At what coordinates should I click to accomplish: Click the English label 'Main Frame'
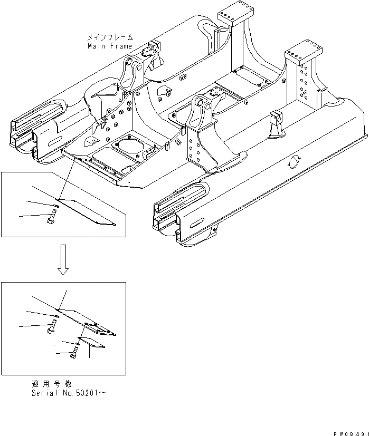[x=110, y=46]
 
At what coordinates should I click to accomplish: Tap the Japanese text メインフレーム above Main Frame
[x=110, y=38]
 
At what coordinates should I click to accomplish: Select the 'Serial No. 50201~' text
[x=69, y=393]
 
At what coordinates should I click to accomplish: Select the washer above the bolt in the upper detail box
[x=56, y=206]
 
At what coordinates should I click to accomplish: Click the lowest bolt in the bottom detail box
[x=73, y=356]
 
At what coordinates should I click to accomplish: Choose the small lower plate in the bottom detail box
[x=93, y=342]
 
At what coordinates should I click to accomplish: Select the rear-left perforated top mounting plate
[x=231, y=14]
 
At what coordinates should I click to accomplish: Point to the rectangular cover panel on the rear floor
[x=250, y=79]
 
